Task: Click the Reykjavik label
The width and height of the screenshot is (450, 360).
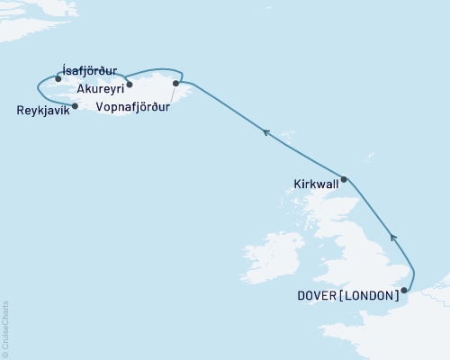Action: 41,111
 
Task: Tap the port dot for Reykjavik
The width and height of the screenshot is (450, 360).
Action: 75,105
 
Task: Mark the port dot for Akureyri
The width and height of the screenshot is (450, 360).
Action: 130,85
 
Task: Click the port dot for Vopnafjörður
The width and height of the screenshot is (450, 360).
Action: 176,84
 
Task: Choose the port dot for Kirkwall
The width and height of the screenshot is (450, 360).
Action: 344,179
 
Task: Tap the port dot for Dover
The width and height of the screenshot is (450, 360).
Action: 404,290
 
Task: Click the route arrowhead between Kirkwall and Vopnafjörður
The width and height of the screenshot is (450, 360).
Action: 265,133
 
